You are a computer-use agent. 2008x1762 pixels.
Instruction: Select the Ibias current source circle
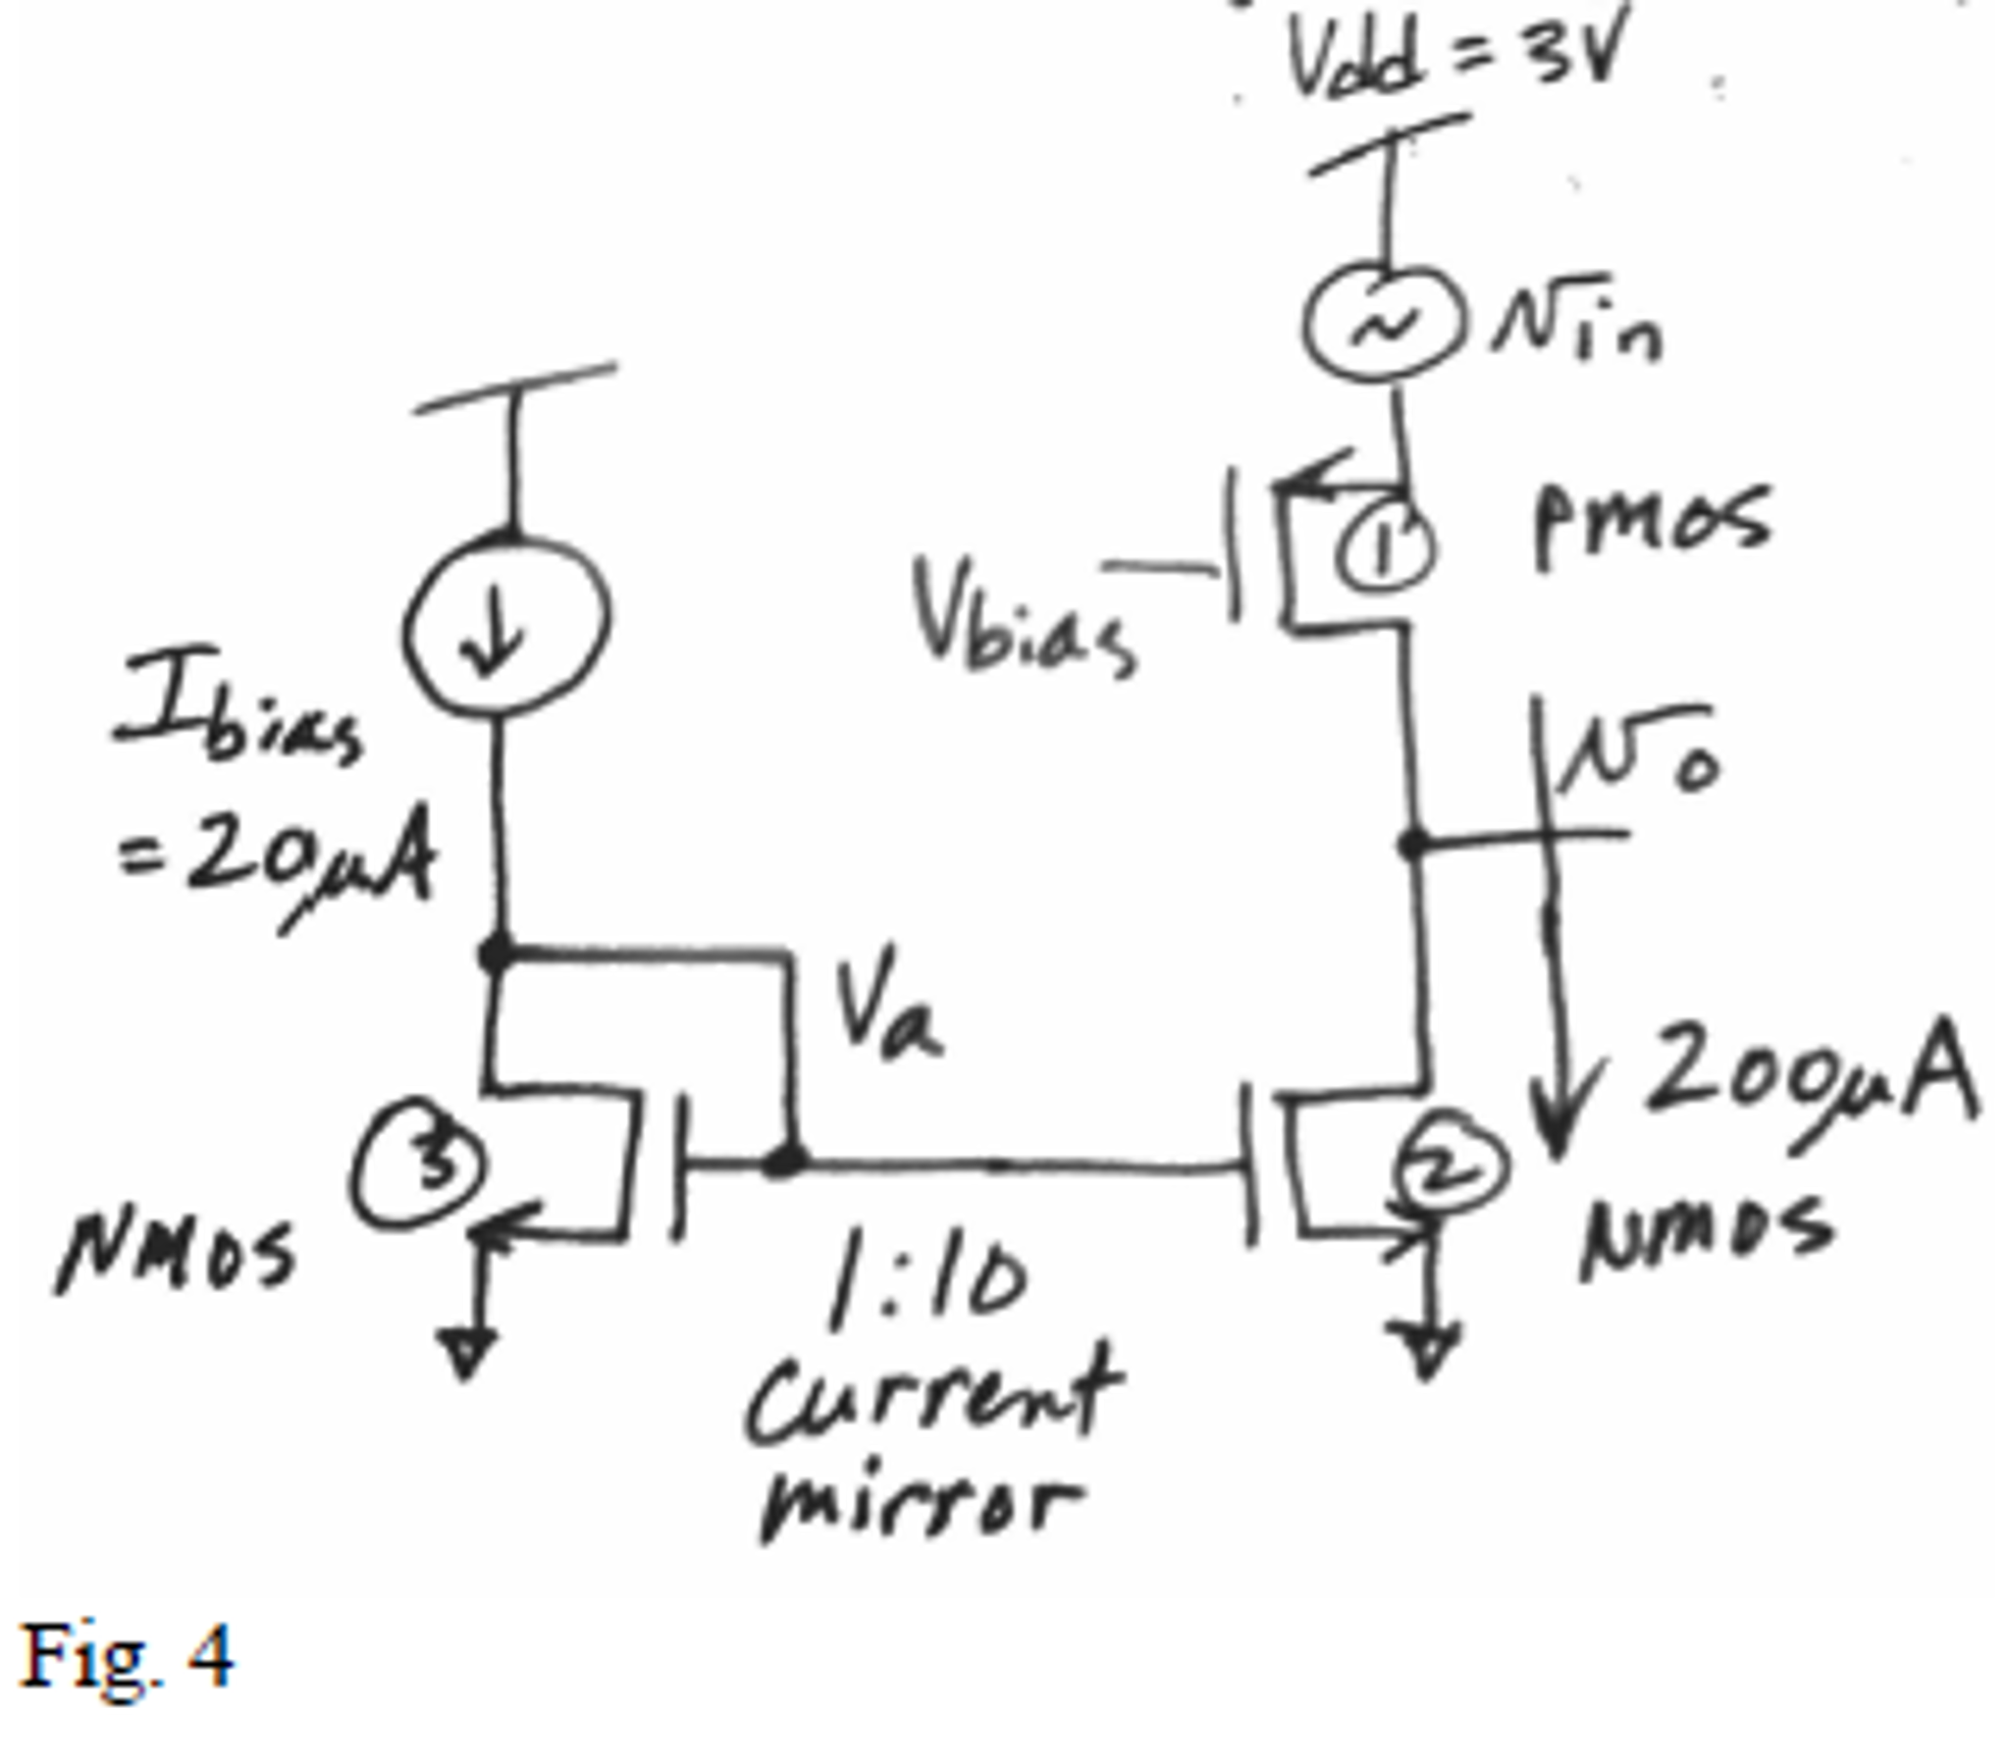tap(506, 623)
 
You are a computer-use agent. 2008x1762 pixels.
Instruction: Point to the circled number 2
tap(1448, 1167)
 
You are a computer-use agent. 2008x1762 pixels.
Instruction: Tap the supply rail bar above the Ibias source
tap(515, 389)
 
